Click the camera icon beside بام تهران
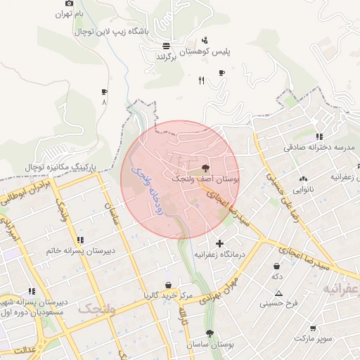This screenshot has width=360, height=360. click(59, 3)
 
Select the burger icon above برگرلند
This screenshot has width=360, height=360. click(165, 46)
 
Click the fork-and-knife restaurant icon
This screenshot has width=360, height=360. click(201, 81)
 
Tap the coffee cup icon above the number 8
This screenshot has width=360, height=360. click(105, 91)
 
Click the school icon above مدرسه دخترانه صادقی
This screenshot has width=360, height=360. click(319, 137)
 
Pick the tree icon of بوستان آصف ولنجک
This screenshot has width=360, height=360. click(205, 168)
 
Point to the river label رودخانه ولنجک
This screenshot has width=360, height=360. click(148, 190)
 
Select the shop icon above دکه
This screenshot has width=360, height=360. click(277, 266)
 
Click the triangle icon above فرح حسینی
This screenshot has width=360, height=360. click(278, 292)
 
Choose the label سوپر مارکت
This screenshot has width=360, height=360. click(312, 338)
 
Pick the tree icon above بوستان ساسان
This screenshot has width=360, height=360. click(210, 333)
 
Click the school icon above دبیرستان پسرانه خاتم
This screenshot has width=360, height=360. click(80, 240)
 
